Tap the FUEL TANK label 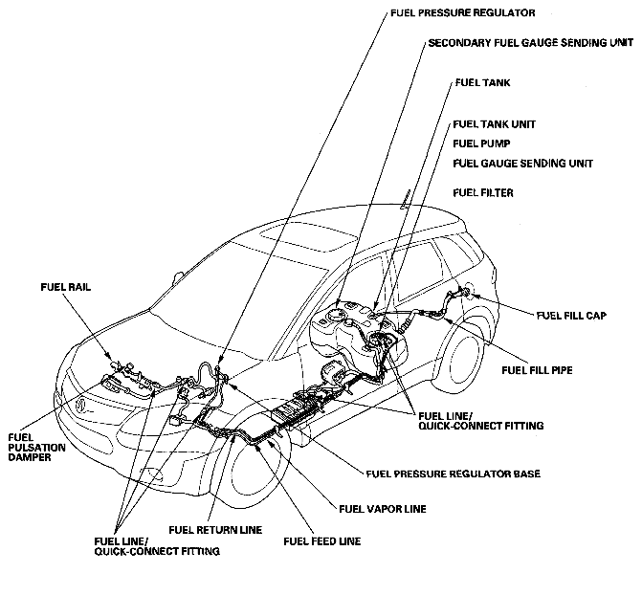481,83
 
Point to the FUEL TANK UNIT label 494,124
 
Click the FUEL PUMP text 482,143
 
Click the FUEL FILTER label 483,193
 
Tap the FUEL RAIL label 65,286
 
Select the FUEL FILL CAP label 570,315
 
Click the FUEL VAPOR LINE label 383,508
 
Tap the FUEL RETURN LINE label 214,529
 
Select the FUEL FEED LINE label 322,541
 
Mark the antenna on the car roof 409,199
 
